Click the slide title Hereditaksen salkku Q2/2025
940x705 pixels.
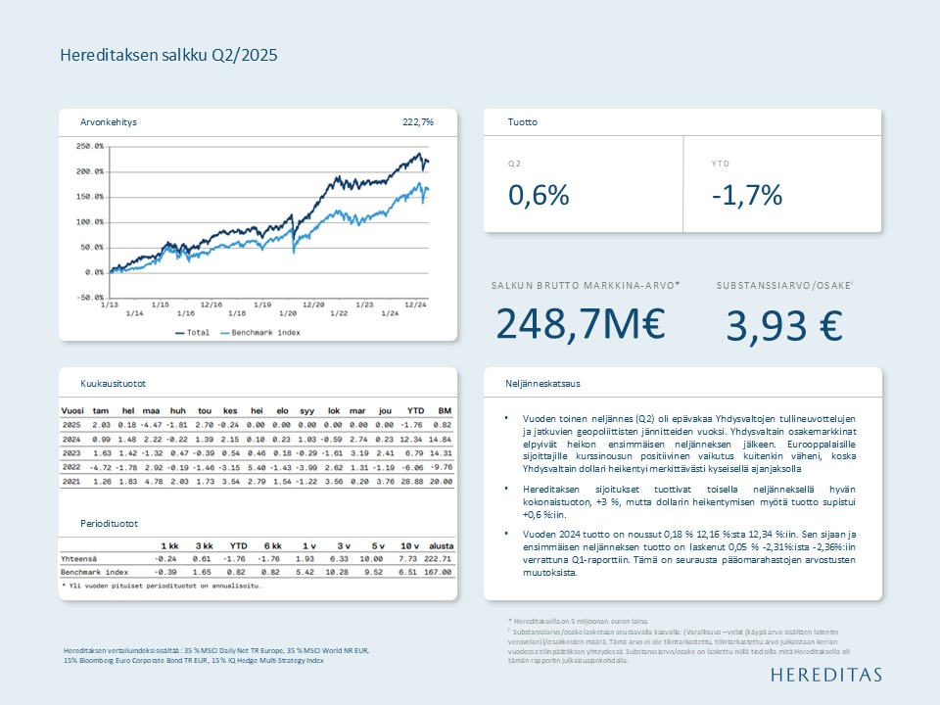(x=169, y=55)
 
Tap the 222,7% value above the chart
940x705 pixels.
(x=418, y=122)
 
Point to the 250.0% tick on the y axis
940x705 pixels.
(x=90, y=147)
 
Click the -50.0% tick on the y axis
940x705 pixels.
(x=90, y=297)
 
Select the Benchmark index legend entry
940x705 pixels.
(x=260, y=333)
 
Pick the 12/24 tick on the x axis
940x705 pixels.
(x=415, y=304)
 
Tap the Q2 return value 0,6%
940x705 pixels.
(x=539, y=196)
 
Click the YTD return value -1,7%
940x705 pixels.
(x=747, y=196)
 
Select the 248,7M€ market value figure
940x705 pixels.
(x=582, y=323)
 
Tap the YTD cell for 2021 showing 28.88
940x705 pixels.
(x=415, y=483)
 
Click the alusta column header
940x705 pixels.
(x=442, y=544)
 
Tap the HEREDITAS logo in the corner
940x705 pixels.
(x=825, y=675)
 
